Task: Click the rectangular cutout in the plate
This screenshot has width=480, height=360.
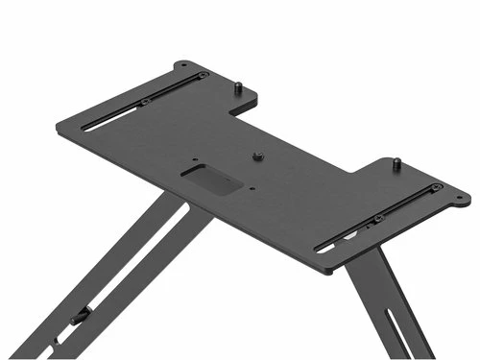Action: click(x=209, y=180)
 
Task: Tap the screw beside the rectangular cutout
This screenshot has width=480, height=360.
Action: click(x=257, y=155)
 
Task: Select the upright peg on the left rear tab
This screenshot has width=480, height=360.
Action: click(x=236, y=88)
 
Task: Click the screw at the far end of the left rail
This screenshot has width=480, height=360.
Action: click(x=202, y=76)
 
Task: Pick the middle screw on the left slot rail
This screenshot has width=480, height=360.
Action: click(x=145, y=102)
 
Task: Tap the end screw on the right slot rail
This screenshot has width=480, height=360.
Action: click(x=437, y=187)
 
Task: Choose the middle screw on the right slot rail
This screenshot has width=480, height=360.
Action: click(x=378, y=219)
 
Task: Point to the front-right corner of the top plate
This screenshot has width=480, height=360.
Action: click(x=326, y=272)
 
